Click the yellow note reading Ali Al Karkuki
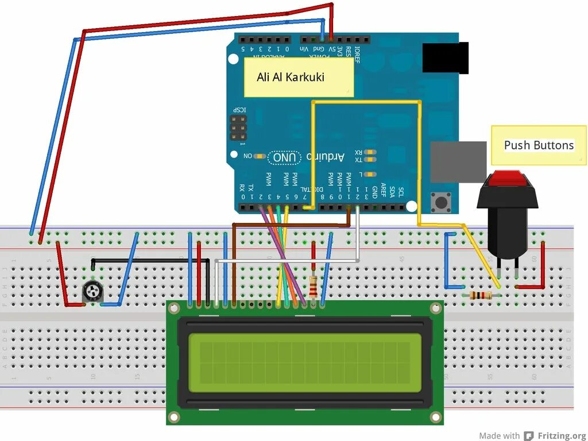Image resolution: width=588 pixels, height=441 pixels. pos(298,76)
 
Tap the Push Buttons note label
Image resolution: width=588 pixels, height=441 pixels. pos(539,145)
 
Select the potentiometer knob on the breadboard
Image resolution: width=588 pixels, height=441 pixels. pos(91,292)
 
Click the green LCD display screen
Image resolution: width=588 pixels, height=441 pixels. pos(304,363)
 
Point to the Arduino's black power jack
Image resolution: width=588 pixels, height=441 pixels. pos(446,58)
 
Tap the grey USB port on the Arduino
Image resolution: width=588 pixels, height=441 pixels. pos(458,161)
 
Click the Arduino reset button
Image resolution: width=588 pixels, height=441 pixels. pos(441,202)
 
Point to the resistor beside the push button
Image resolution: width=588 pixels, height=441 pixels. pos(480,296)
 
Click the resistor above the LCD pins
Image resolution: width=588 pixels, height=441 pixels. pos(314,285)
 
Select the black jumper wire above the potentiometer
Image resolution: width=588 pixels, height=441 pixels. pos(149,260)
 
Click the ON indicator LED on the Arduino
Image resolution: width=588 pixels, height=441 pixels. pos(259,156)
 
